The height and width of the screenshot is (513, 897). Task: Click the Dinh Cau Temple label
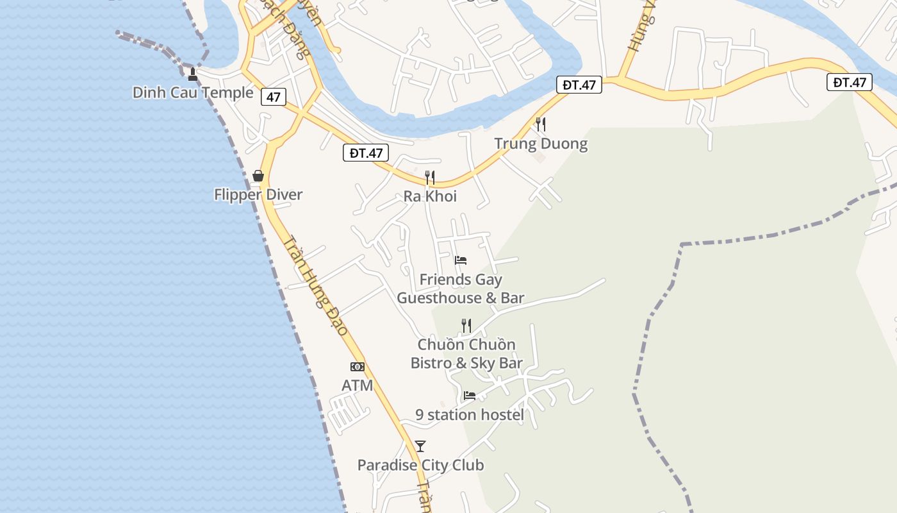click(x=193, y=92)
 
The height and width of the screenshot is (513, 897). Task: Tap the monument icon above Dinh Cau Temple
click(x=192, y=74)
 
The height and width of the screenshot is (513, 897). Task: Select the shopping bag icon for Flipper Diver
click(x=258, y=176)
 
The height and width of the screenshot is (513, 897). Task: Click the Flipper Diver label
click(x=258, y=194)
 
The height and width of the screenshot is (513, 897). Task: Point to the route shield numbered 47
click(x=274, y=97)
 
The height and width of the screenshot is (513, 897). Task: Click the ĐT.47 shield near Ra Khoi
click(x=366, y=153)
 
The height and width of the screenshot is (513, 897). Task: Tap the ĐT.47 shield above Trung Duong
click(x=579, y=85)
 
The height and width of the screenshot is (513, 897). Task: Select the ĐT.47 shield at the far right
click(x=850, y=82)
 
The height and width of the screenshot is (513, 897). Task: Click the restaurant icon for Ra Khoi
click(x=430, y=177)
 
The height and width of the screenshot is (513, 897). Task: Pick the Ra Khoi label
click(x=430, y=196)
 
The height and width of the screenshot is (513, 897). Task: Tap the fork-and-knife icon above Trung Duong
click(x=541, y=124)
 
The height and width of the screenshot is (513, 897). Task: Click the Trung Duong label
click(x=541, y=143)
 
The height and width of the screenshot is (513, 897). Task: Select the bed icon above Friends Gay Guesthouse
click(x=461, y=260)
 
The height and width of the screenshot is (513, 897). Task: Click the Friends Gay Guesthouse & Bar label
click(x=461, y=289)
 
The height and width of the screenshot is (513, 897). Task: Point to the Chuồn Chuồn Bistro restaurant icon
click(x=466, y=326)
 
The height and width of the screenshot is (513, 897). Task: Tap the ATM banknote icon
click(x=358, y=367)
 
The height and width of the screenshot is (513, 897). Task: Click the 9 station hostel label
click(x=470, y=415)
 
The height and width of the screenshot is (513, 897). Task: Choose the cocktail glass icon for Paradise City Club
click(x=420, y=446)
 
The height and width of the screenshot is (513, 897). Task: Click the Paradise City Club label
click(x=420, y=465)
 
